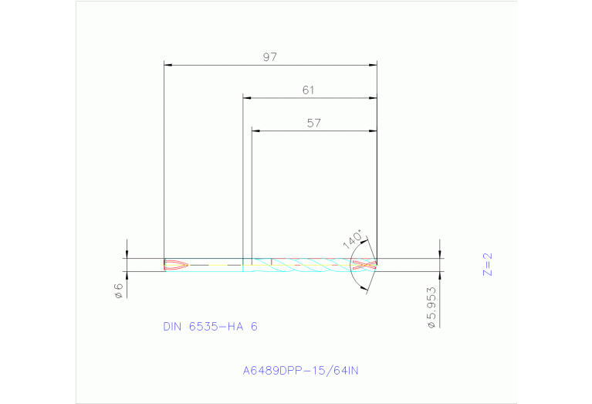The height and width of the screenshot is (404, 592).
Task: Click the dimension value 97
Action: point(269,57)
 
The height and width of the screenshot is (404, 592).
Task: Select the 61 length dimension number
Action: point(308,90)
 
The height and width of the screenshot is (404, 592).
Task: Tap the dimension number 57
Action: point(313,123)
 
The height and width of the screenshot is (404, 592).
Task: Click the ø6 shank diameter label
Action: point(119,292)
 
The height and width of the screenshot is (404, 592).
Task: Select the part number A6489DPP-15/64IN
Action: point(300,370)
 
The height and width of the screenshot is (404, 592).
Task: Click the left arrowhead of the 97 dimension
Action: point(169,65)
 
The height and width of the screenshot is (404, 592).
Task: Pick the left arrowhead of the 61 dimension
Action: point(247,98)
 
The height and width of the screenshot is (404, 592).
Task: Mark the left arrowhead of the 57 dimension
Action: point(256,131)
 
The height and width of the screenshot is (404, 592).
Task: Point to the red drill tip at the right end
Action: point(364,265)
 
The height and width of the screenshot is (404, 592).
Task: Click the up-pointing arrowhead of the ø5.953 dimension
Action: point(440,276)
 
